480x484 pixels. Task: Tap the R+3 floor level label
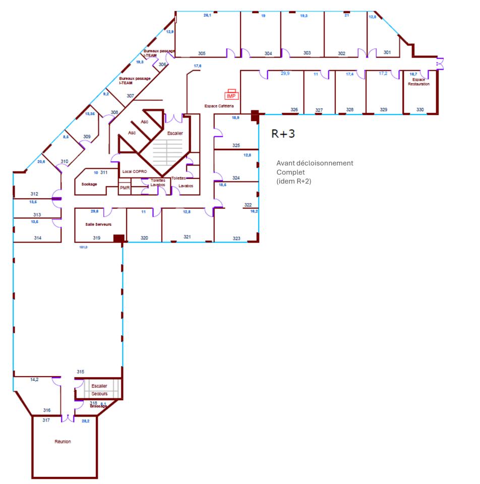click(x=283, y=134)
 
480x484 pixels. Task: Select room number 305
click(x=202, y=53)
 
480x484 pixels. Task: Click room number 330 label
click(x=420, y=109)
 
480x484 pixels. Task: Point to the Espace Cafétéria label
click(x=219, y=106)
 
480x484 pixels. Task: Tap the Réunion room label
click(x=63, y=442)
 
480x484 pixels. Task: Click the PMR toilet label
click(x=125, y=188)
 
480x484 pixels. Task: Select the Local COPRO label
click(x=135, y=172)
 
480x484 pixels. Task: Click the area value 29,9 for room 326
click(x=285, y=73)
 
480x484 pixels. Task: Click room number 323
click(x=236, y=237)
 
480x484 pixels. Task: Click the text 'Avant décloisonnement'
click(x=315, y=163)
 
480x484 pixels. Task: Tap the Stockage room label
click(x=89, y=184)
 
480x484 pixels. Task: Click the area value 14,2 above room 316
click(x=34, y=379)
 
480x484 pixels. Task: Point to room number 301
click(x=387, y=52)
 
